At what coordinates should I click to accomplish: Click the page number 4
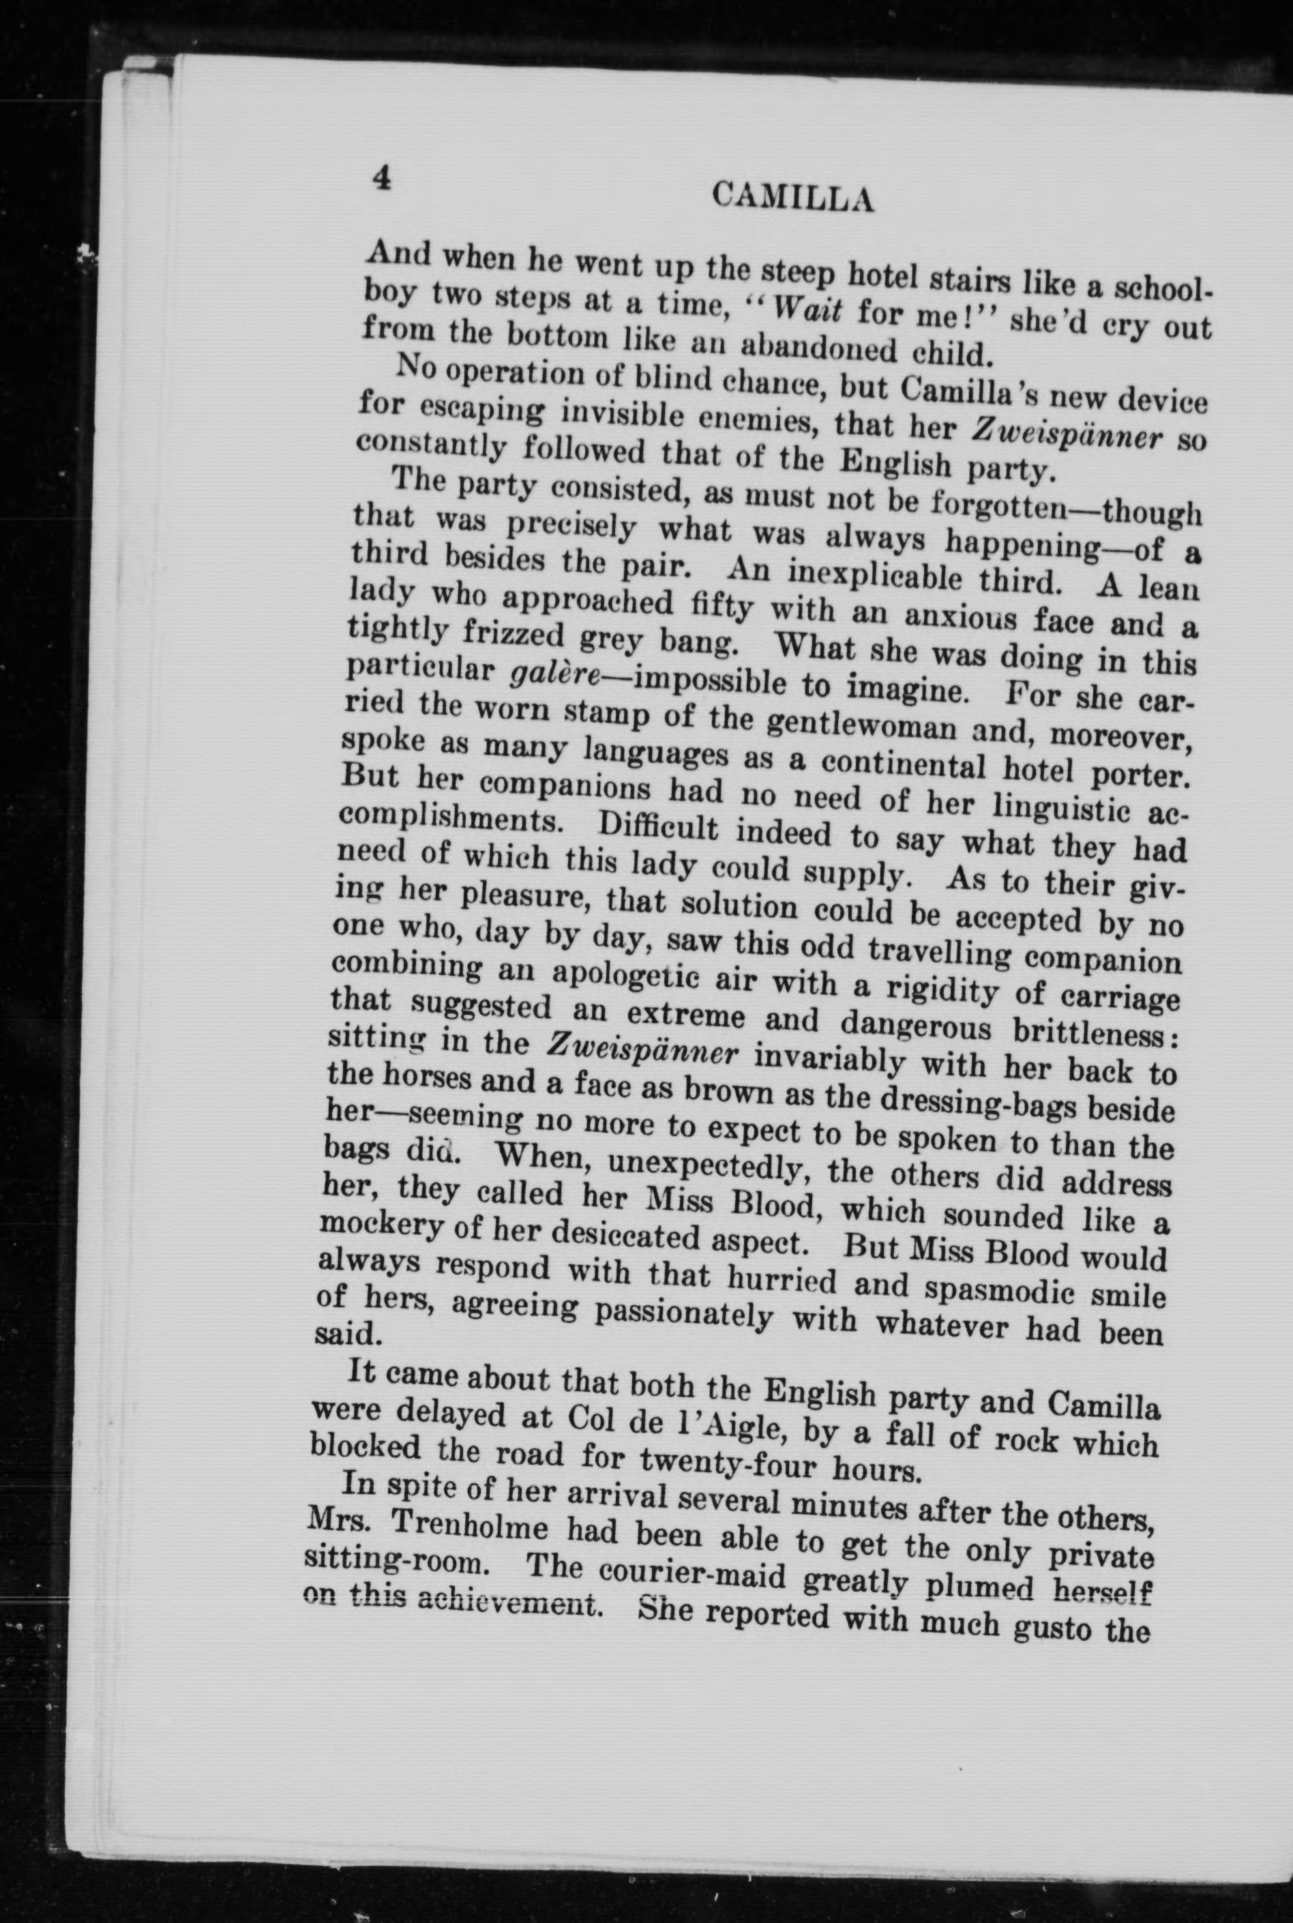(x=382, y=178)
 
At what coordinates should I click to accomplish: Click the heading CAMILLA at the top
(x=792, y=198)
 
